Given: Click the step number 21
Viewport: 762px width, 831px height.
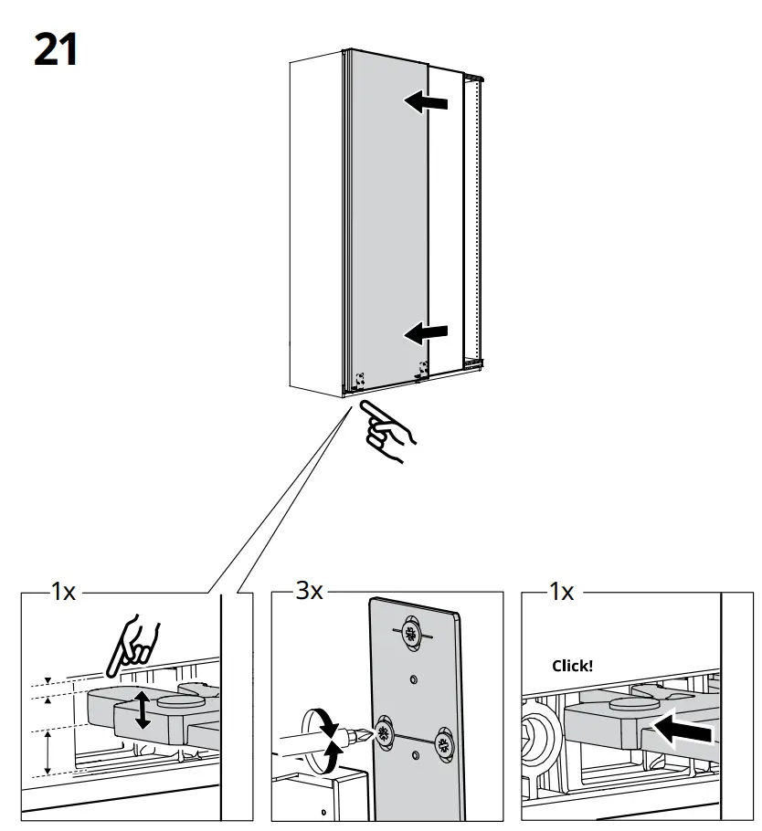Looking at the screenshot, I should pos(56,49).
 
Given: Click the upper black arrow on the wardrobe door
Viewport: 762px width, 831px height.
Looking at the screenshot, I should pos(427,102).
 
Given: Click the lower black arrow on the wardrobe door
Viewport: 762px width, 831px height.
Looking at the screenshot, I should pos(427,333).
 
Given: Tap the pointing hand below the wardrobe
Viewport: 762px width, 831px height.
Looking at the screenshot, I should pos(386,432).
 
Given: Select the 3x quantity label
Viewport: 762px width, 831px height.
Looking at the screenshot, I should pos(309,593).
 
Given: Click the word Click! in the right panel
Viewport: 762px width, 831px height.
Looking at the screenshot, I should pos(572,666).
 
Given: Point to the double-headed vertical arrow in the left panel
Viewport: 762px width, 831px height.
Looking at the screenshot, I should pos(142,710).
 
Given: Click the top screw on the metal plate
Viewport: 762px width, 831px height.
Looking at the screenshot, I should pos(410,634).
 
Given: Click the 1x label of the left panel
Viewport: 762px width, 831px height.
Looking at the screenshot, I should pos(62,593).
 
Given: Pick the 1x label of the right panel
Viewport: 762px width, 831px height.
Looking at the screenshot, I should pos(561,593).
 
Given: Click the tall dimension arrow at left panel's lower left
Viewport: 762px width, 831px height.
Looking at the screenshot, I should pos(48,752).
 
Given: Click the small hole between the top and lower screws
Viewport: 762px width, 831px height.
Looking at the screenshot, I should pos(414,678).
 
